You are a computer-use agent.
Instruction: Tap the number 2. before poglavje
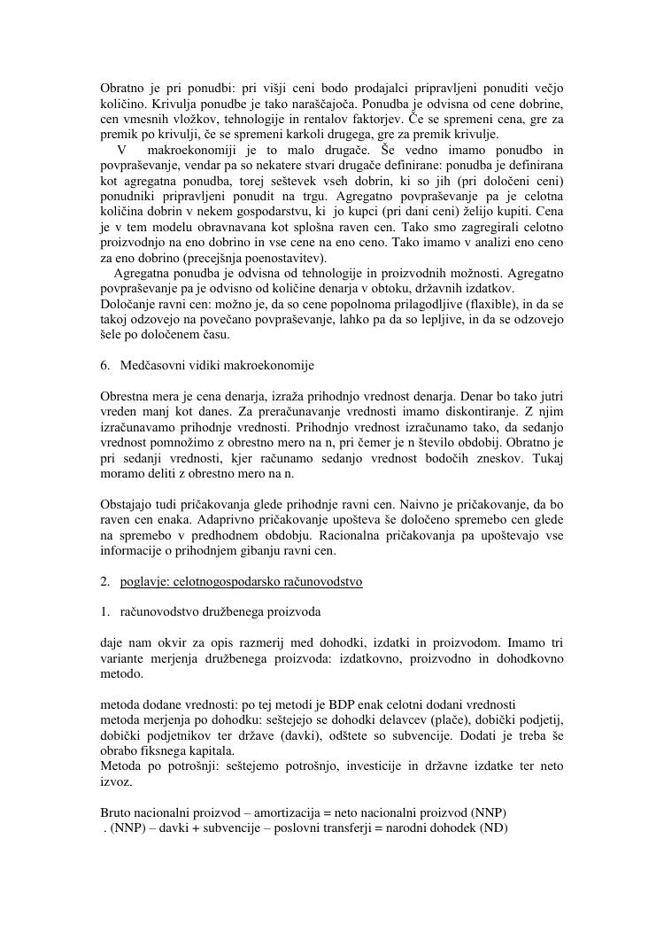click(105, 582)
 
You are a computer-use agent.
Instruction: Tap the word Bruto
click(117, 813)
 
